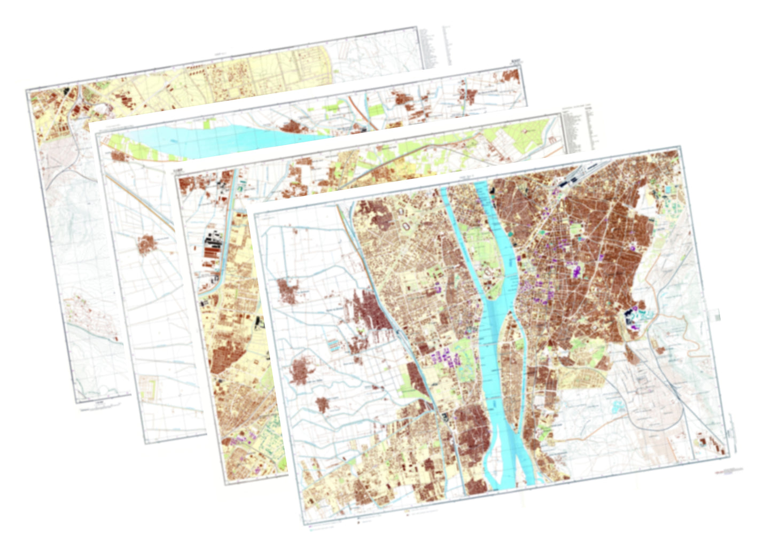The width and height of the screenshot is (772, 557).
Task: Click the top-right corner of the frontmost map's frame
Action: [x=680, y=146]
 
